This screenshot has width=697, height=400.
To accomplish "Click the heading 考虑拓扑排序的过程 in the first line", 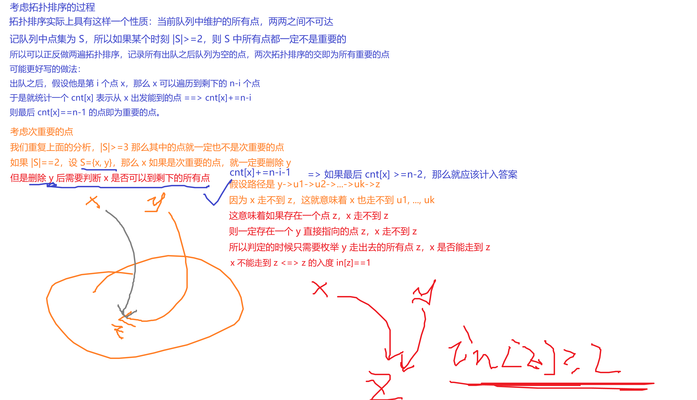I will pos(52,7).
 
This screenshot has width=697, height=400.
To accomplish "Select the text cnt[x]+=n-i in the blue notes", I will pos(228,98).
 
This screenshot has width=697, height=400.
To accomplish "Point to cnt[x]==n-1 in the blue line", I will pos(61,112).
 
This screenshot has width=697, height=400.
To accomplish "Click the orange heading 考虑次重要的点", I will pos(41,132).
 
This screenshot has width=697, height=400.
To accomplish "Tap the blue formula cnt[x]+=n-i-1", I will pos(260,172).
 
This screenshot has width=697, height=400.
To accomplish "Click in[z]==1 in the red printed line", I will pos(353,263).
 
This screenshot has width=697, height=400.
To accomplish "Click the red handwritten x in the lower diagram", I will pos(320,289).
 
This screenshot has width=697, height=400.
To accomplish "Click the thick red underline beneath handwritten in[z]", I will pos(552,385).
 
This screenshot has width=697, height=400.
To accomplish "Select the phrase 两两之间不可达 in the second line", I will pos(301,22).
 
